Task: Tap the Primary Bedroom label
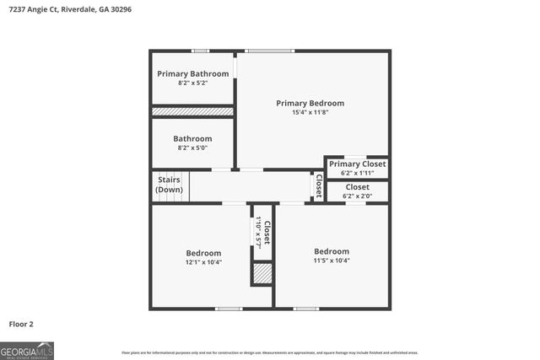[x=310, y=103]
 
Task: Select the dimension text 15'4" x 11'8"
[x=310, y=112]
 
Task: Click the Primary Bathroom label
[x=192, y=73]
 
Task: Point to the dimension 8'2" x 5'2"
[x=192, y=83]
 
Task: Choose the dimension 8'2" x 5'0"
[x=192, y=148]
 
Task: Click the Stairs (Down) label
[x=169, y=185]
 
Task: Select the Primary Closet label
[x=357, y=164]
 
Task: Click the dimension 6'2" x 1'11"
[x=357, y=172]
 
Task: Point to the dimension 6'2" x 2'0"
[x=357, y=196]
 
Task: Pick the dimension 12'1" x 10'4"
[x=203, y=262]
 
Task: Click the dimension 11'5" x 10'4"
[x=332, y=261]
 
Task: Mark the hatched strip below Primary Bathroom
[x=192, y=111]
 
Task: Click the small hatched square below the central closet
[x=262, y=273]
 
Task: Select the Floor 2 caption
[x=21, y=323]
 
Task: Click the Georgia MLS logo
[x=27, y=350]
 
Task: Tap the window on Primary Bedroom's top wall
[x=270, y=51]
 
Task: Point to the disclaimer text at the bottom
[x=270, y=352]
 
